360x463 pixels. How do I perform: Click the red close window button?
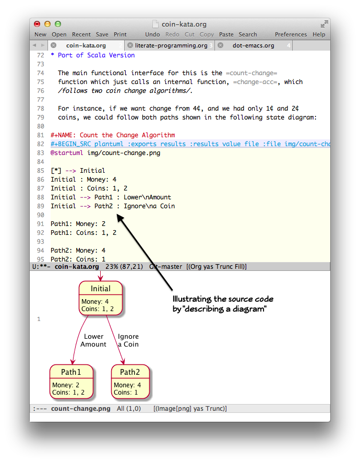tap(37, 24)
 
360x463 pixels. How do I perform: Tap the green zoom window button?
tap(58, 24)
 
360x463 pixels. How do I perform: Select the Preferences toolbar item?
tap(291, 34)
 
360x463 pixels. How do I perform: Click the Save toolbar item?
tap(102, 34)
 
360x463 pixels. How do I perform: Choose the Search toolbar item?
tap(248, 34)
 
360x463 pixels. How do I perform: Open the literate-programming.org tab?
tap(171, 45)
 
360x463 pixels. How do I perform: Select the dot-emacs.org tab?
tap(253, 45)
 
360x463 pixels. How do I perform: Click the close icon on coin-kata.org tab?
tap(53, 45)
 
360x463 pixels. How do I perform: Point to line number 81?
tap(40, 135)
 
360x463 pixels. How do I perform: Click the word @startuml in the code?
tap(67, 153)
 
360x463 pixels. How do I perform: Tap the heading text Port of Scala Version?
tap(96, 55)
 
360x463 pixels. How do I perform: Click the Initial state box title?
tap(101, 289)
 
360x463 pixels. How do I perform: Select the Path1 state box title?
tap(71, 372)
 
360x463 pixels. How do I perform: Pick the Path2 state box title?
tap(130, 372)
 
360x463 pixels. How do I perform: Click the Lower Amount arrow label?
tap(93, 340)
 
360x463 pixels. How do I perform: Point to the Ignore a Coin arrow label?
tap(128, 340)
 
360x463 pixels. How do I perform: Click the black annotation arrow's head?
tap(119, 217)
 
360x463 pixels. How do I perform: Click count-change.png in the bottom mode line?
tap(80, 409)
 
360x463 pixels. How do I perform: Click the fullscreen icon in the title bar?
tap(325, 24)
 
